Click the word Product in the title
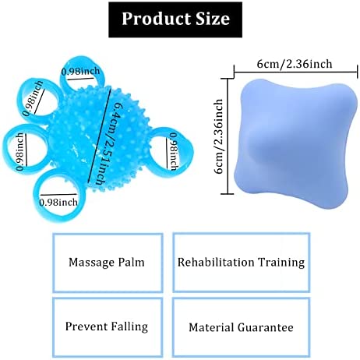pyautogui.click(x=157, y=19)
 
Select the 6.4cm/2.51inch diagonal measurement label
pyautogui.click(x=106, y=144)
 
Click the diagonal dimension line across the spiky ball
pyautogui.click(x=100, y=135)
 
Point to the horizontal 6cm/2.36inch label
pyautogui.click(x=295, y=64)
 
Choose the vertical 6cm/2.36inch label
pyautogui.click(x=218, y=136)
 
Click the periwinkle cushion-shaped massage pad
pyautogui.click(x=296, y=143)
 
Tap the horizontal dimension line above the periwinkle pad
pyautogui.click(x=296, y=72)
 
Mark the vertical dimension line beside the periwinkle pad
pyautogui.click(x=228, y=136)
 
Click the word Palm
pyautogui.click(x=131, y=262)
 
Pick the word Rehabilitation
pyautogui.click(x=215, y=262)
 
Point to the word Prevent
pyautogui.click(x=86, y=326)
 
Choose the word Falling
pyautogui.click(x=129, y=326)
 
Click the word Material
pyautogui.click(x=211, y=327)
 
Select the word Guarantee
pyautogui.click(x=266, y=327)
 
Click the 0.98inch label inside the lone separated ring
pyautogui.click(x=174, y=151)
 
